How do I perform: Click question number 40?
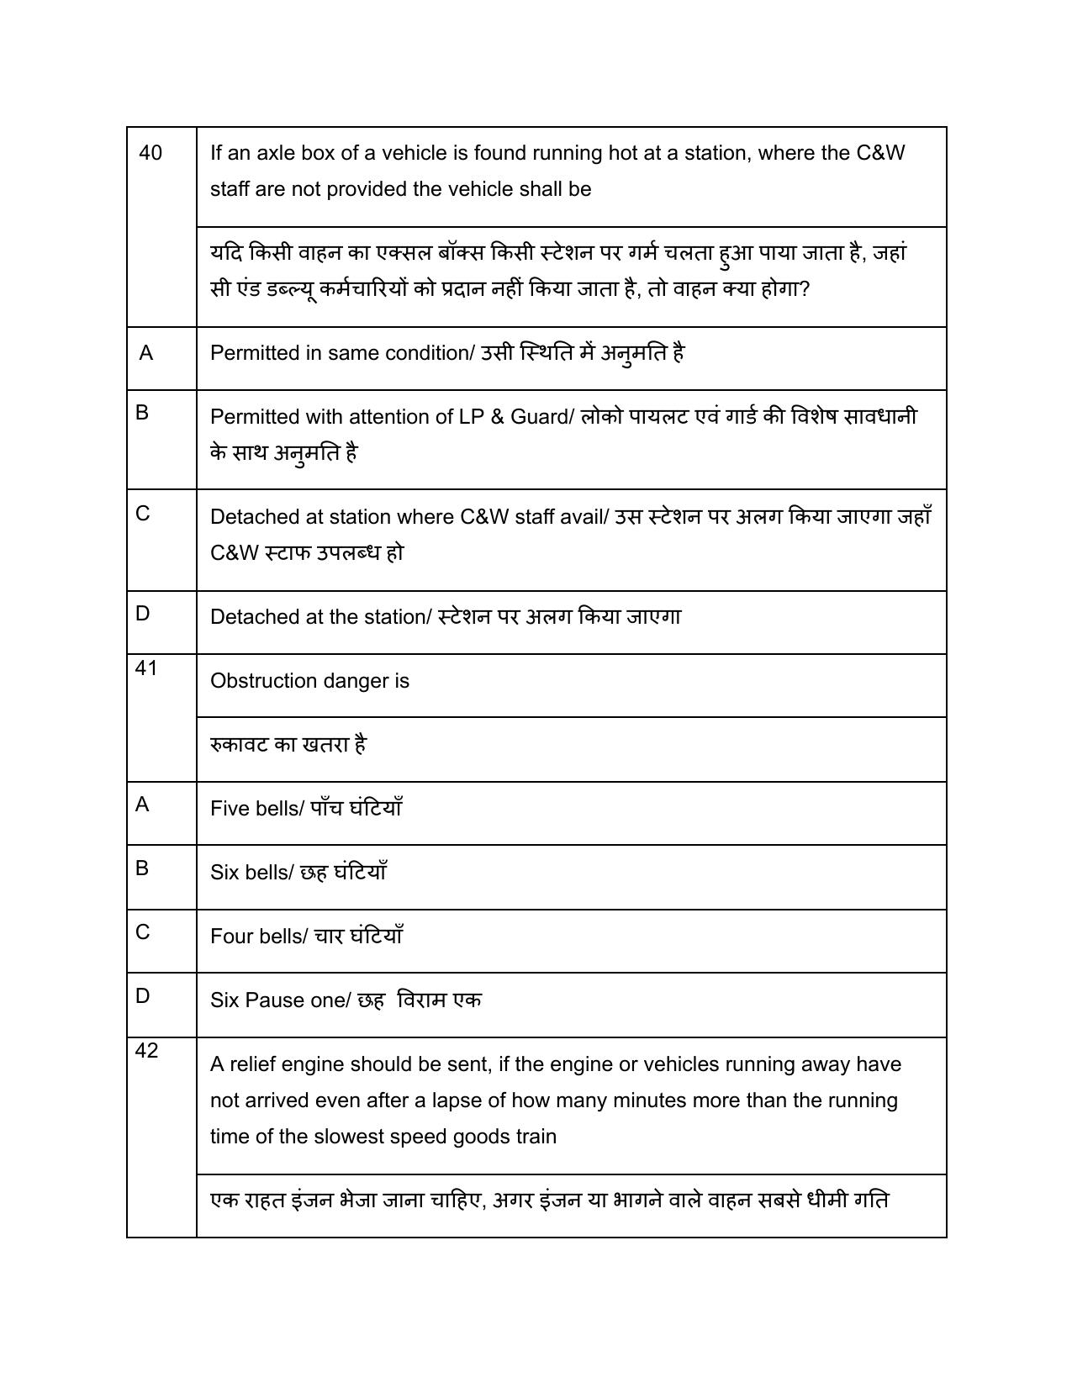[151, 153]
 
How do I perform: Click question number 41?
[146, 668]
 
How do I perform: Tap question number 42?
[146, 1051]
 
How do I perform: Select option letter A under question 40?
[146, 354]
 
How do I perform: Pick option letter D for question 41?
[143, 996]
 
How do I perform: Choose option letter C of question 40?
[143, 514]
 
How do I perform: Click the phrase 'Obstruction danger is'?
[309, 681]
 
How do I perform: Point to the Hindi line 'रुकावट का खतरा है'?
[288, 745]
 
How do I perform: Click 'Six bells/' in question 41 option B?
[251, 873]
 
